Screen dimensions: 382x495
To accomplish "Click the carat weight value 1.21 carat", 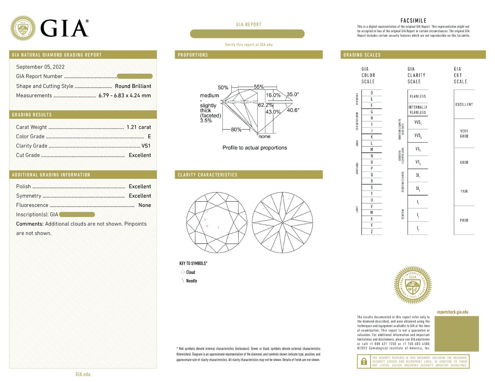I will click(x=139, y=127).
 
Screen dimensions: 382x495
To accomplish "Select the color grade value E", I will click(x=149, y=136).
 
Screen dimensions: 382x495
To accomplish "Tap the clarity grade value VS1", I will click(x=146, y=146).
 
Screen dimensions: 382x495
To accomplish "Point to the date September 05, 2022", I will click(x=40, y=67).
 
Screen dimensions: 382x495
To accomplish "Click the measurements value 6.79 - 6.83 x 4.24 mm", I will click(x=125, y=96).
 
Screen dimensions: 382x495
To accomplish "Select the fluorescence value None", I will click(x=144, y=205).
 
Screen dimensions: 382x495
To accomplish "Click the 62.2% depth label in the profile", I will click(x=265, y=105).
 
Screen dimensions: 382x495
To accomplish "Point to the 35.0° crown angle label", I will click(x=293, y=94).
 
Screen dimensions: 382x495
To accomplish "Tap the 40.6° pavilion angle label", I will click(x=293, y=110).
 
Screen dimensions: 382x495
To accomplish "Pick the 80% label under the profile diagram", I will click(x=236, y=130).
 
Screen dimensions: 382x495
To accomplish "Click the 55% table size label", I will click(x=259, y=87).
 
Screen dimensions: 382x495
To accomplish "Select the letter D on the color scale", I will click(x=372, y=93).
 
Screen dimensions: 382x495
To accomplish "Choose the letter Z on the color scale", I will click(x=372, y=232).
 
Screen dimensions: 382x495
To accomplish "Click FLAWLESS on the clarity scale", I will click(x=418, y=96).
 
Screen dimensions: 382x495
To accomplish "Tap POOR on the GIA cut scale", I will click(x=464, y=220).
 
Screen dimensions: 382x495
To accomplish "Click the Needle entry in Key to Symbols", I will click(x=192, y=281).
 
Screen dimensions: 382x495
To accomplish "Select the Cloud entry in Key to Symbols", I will click(x=191, y=272).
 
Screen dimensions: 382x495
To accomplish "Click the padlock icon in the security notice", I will click(x=364, y=361).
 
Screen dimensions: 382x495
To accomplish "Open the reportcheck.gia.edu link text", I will click(x=453, y=312).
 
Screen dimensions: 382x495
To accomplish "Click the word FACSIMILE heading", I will click(x=413, y=21).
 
